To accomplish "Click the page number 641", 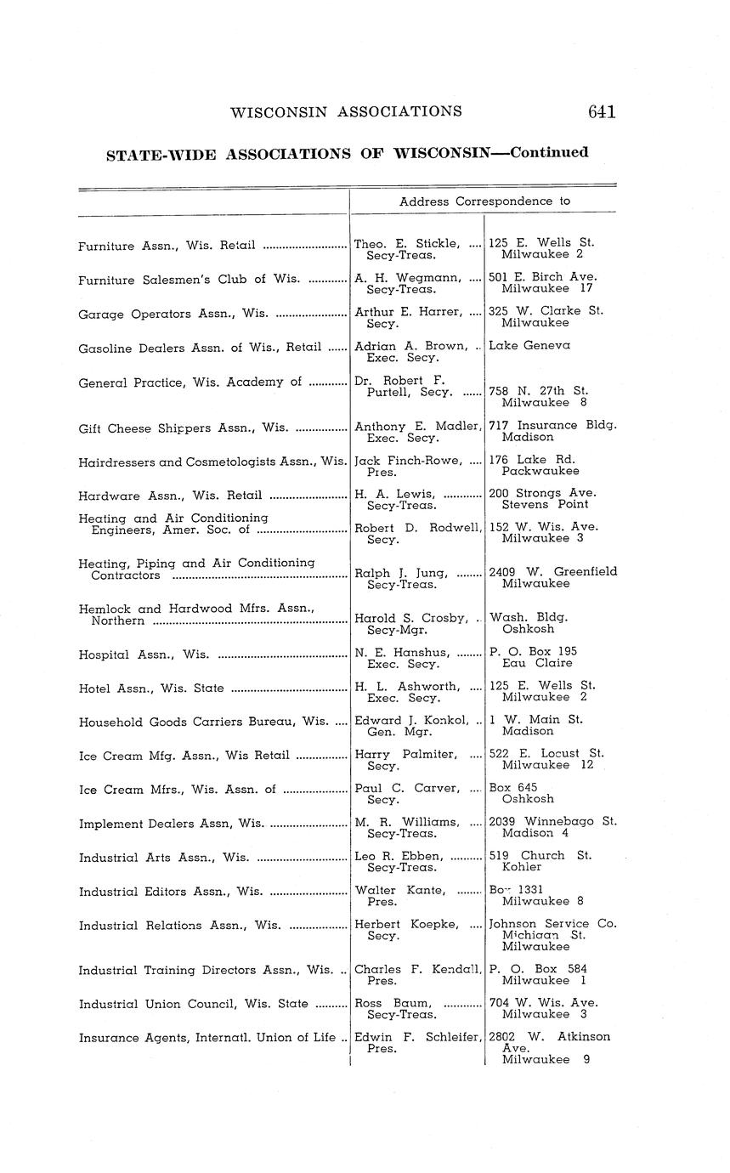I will tap(600, 111).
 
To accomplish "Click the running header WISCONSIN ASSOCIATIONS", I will tap(346, 111).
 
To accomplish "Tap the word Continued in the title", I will tap(549, 153).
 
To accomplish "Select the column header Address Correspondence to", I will tap(484, 201).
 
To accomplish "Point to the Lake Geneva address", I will tap(529, 345).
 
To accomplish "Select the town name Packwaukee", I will tap(540, 471).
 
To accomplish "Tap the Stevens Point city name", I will tap(545, 504).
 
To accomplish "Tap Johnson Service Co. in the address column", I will tap(552, 923).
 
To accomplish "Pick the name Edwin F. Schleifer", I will tap(416, 1037).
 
